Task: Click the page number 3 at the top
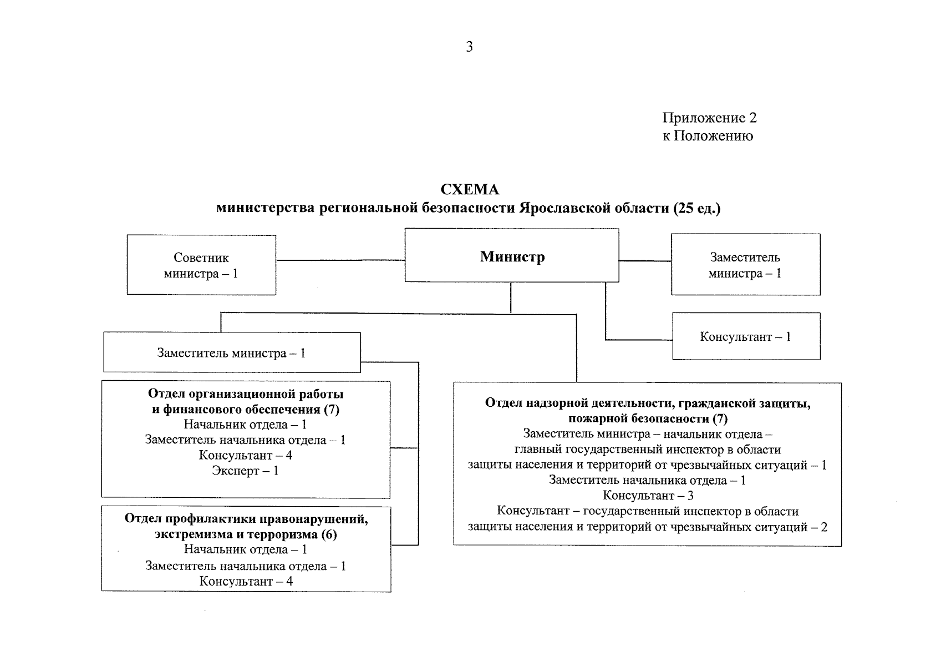tap(469, 47)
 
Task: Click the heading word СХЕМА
tap(470, 190)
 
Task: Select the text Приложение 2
tap(709, 118)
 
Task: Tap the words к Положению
tap(708, 136)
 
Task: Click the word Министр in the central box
tap(512, 256)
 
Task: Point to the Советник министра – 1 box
tap(201, 265)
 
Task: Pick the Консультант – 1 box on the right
tap(746, 336)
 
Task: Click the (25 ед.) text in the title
tap(697, 209)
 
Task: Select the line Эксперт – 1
tap(245, 471)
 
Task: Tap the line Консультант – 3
tap(648, 496)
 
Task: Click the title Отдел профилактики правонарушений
tap(246, 519)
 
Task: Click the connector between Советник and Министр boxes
tap(340, 260)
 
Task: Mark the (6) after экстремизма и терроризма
tap(328, 534)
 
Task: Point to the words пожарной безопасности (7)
tap(648, 418)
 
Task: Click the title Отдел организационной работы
tap(246, 394)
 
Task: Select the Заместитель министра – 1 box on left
tap(232, 353)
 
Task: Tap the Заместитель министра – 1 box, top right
tap(745, 265)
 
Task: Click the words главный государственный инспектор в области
tap(648, 450)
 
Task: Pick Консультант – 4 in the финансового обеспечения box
tap(245, 455)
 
